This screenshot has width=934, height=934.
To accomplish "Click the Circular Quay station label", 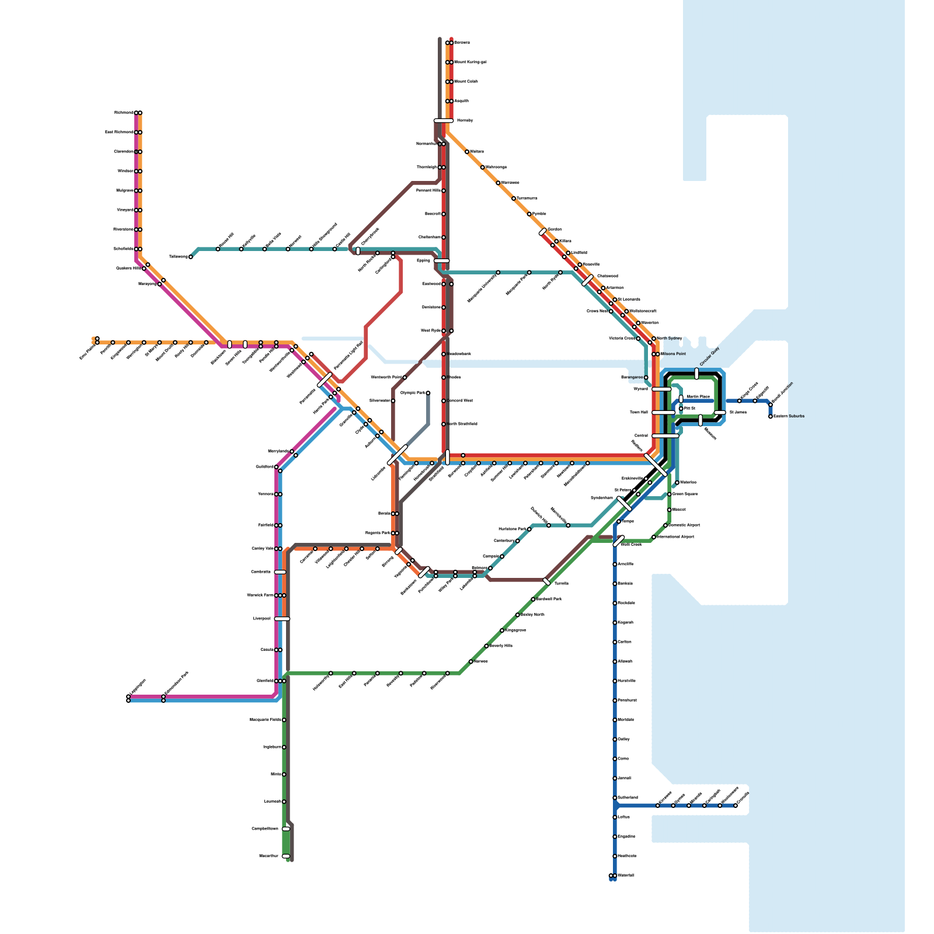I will click(709, 357).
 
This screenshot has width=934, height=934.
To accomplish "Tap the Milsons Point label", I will click(673, 354).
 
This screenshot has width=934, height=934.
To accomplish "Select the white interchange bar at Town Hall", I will click(663, 412).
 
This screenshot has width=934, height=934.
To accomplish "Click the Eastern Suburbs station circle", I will click(771, 416).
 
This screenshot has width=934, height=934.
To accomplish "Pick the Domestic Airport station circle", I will click(665, 525).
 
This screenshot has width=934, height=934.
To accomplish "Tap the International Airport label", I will click(675, 536).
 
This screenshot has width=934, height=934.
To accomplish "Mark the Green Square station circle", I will click(670, 494).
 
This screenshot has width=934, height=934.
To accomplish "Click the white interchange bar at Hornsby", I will click(444, 121).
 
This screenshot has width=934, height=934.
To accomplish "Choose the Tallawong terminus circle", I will click(191, 257).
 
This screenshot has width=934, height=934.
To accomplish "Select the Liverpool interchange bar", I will click(282, 619).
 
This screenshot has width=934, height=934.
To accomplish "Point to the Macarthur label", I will click(269, 856).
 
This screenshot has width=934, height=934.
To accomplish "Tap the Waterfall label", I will click(625, 875).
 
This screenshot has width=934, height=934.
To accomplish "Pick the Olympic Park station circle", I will click(428, 393).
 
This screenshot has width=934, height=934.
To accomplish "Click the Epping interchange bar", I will click(442, 261).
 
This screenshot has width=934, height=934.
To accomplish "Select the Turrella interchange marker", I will click(546, 581).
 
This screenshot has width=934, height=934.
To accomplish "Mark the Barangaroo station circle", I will click(646, 377).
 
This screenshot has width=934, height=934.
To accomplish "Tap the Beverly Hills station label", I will click(501, 646).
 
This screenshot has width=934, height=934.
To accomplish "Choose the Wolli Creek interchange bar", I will click(619, 541).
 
